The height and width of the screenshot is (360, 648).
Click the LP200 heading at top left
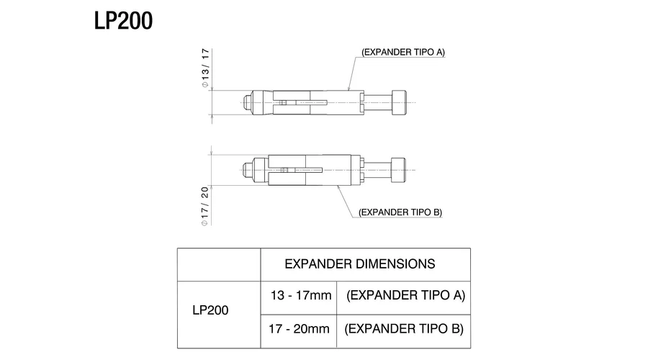(123, 20)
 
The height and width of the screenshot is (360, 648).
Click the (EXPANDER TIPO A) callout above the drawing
(403, 52)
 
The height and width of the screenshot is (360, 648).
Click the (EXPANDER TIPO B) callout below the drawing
(400, 212)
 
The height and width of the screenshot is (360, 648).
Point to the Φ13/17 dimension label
(205, 68)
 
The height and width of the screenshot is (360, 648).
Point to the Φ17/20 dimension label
(205, 206)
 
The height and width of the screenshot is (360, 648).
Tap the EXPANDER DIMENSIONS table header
(359, 264)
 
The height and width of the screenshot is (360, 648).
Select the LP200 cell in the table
(210, 310)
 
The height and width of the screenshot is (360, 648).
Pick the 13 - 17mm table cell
(301, 295)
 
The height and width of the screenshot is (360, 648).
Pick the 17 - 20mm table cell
(299, 328)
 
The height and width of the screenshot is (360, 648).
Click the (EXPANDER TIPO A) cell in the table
(405, 295)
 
